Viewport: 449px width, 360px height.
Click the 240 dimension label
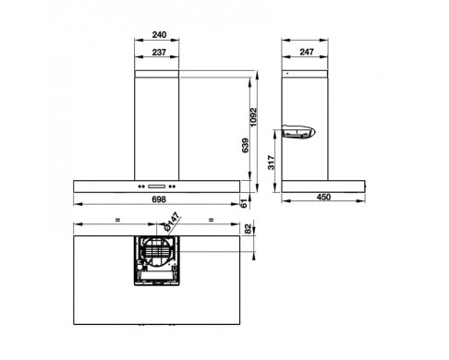(159, 35)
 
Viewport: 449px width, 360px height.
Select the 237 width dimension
(159, 53)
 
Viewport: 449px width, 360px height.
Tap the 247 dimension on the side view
(307, 52)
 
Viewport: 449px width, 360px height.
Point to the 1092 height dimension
(253, 116)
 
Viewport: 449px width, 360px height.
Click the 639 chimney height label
(246, 146)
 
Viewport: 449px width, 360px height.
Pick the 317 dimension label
(272, 162)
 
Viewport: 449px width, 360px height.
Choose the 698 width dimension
(159, 199)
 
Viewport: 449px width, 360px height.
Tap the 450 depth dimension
(323, 197)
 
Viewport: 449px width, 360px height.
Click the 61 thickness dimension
(244, 203)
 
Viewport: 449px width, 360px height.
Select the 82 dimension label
(248, 229)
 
